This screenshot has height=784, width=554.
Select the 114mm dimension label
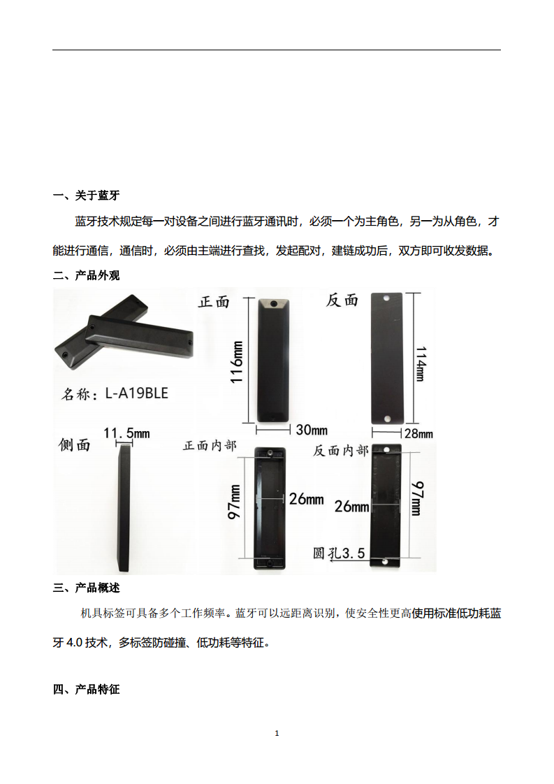point(421,361)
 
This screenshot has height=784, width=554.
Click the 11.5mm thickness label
point(126,433)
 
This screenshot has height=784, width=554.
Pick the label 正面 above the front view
point(214,302)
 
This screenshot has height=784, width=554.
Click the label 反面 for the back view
point(342,300)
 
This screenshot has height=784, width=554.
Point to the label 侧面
point(75,445)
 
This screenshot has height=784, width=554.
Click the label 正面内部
point(210,445)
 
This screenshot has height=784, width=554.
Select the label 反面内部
point(340,451)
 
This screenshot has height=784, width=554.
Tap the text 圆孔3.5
point(340,553)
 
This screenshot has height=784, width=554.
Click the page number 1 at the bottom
point(277,733)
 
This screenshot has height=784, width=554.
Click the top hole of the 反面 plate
point(386,299)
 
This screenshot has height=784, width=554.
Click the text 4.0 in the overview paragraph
point(75,642)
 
